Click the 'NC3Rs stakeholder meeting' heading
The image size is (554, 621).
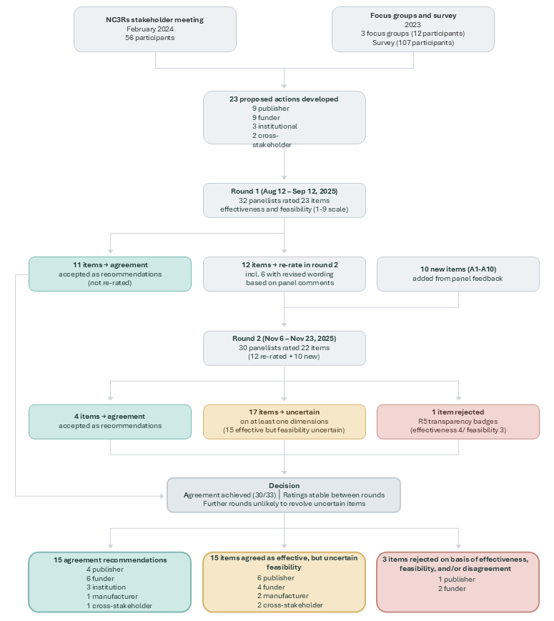point(155,20)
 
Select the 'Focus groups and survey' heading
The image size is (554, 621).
point(412,15)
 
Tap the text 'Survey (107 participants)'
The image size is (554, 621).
point(412,43)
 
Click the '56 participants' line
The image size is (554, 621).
point(155,38)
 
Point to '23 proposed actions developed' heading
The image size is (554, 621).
point(284,99)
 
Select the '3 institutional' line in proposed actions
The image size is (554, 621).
point(274,126)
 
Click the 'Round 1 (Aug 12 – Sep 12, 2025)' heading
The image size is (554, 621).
point(284,192)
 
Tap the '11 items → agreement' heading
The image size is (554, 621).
point(110,264)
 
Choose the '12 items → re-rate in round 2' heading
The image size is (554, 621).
point(284,264)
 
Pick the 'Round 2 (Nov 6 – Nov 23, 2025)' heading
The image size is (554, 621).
point(284,339)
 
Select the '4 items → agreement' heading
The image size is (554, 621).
point(110,416)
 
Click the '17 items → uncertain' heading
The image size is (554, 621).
point(284,412)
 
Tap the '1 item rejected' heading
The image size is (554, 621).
point(458,412)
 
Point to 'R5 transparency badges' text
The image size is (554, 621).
point(458,422)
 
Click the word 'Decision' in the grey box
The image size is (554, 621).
point(284,486)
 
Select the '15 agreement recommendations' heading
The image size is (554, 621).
point(110,560)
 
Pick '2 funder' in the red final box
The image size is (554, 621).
point(452,589)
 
